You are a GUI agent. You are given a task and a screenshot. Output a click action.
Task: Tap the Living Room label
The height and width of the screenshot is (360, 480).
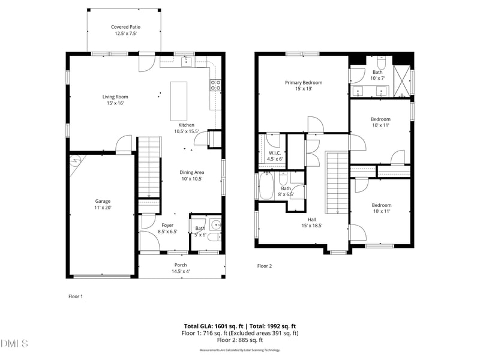point(115,100)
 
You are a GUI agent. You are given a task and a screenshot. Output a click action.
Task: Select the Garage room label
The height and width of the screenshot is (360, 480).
point(103,204)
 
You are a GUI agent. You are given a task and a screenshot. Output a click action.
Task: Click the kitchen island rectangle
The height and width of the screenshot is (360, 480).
point(179,101)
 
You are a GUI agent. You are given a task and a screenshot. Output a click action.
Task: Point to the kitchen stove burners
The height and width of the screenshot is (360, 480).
point(215,85)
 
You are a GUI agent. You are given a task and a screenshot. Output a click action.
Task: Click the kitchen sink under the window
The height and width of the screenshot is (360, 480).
point(186,62)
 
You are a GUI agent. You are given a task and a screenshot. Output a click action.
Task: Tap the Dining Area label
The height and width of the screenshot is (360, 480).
point(191,175)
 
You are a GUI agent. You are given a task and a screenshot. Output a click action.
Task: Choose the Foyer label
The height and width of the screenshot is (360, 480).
point(167,228)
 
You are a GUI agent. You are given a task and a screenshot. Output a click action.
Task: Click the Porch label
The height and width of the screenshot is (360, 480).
point(181,268)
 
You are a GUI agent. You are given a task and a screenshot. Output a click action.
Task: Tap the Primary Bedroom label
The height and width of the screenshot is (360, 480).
point(303,85)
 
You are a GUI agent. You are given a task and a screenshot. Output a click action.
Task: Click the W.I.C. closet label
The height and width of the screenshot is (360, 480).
point(275,156)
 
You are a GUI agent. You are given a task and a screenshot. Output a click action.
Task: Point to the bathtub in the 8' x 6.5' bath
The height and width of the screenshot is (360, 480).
point(266,186)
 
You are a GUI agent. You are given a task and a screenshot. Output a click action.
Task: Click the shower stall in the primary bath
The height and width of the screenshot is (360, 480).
point(401,80)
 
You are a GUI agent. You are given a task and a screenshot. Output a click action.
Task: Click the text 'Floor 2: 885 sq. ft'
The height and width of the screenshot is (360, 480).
point(240,340)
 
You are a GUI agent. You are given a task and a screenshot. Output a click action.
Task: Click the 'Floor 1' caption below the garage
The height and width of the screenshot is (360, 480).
point(75,296)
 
